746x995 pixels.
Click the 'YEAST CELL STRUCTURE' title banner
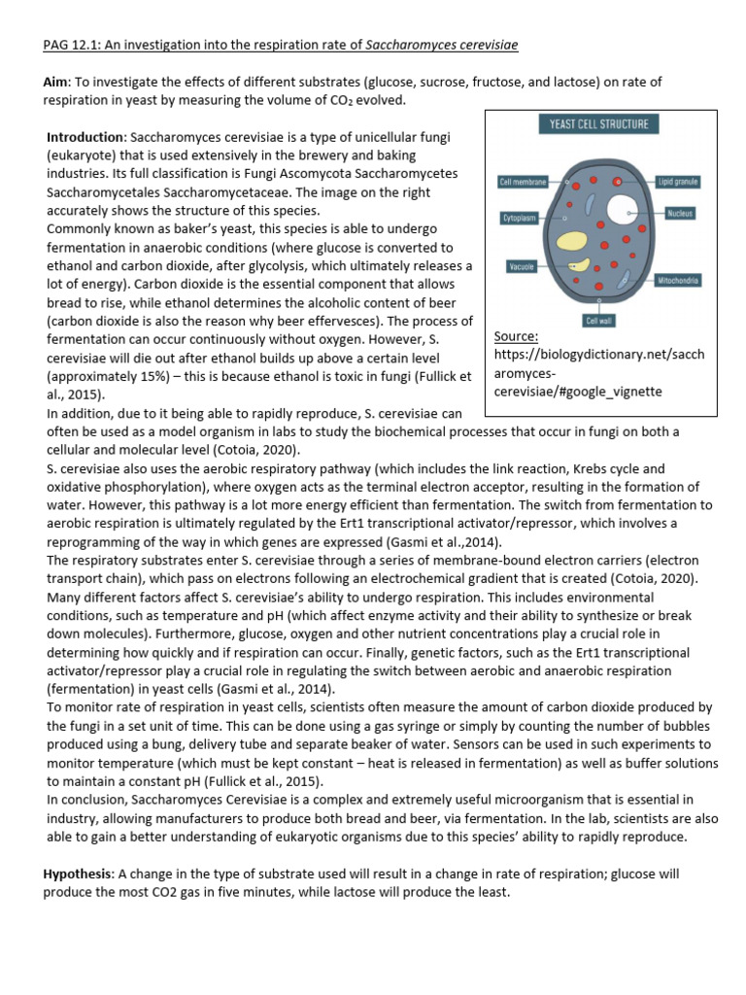599,124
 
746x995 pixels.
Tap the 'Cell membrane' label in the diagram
524,182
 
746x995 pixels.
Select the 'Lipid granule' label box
678,182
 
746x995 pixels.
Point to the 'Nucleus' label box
680,213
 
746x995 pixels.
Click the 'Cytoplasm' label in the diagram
520,220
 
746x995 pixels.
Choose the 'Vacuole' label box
523,266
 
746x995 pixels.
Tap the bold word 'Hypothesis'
82,875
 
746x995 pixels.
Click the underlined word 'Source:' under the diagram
517,336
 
